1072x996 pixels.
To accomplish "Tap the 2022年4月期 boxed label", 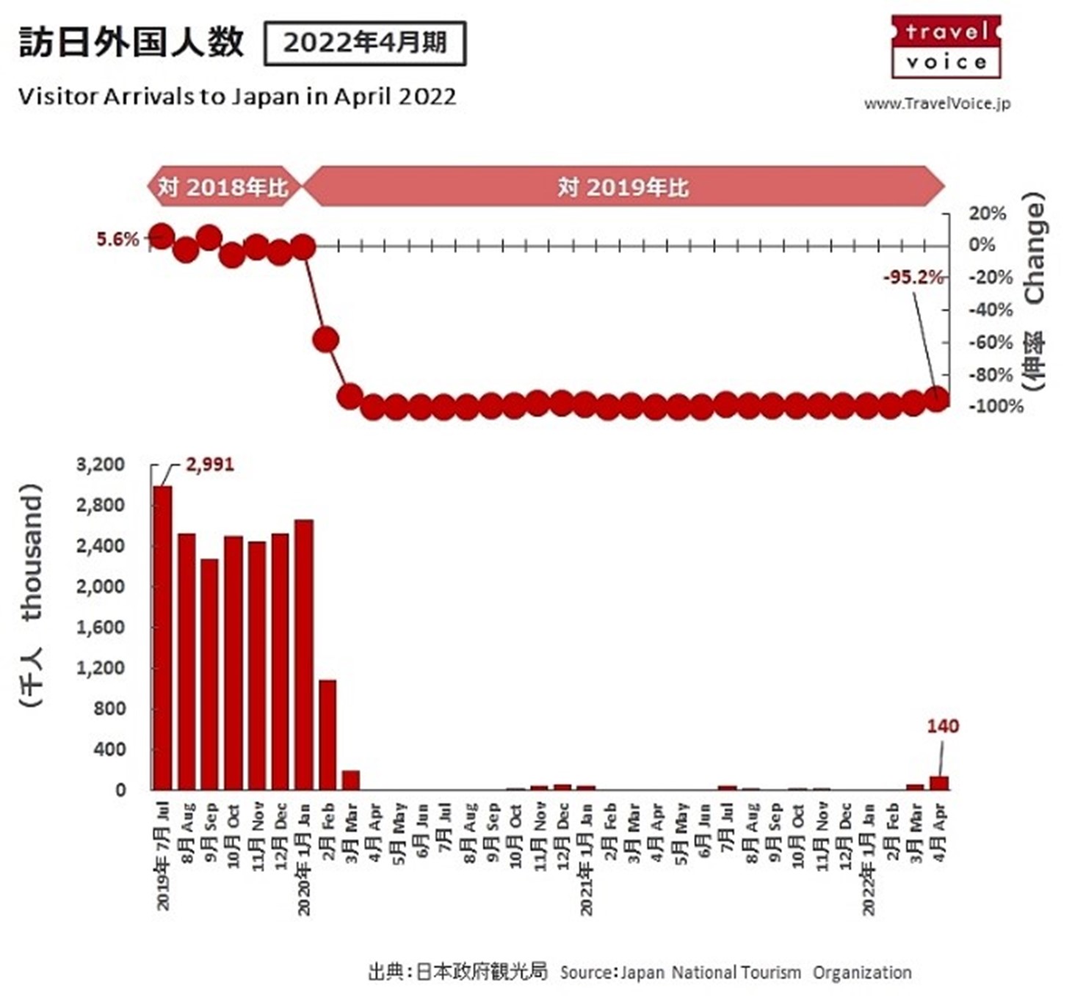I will tap(364, 43).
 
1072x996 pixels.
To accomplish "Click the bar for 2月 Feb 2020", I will tap(327, 734).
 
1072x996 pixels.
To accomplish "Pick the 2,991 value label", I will tap(210, 465).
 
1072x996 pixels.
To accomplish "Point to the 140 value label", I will tap(942, 726).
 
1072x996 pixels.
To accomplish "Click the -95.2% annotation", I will tap(913, 277).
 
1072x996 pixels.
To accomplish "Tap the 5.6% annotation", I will tap(117, 239).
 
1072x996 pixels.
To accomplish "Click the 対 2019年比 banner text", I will tap(623, 187).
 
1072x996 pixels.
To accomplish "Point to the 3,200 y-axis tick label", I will tap(101, 465).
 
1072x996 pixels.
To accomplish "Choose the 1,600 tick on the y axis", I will tap(101, 628).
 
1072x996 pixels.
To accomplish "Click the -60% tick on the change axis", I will tap(991, 342).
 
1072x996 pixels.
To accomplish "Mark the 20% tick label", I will tap(987, 214).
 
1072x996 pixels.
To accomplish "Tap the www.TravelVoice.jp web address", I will tap(937, 103).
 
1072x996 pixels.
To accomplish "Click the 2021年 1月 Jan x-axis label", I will tap(586, 859).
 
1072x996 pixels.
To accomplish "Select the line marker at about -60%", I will tap(326, 340).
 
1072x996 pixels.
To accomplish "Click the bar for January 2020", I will tap(304, 654).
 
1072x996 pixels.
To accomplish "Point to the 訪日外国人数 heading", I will tap(131, 42).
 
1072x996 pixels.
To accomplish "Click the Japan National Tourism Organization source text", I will tap(765, 973).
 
